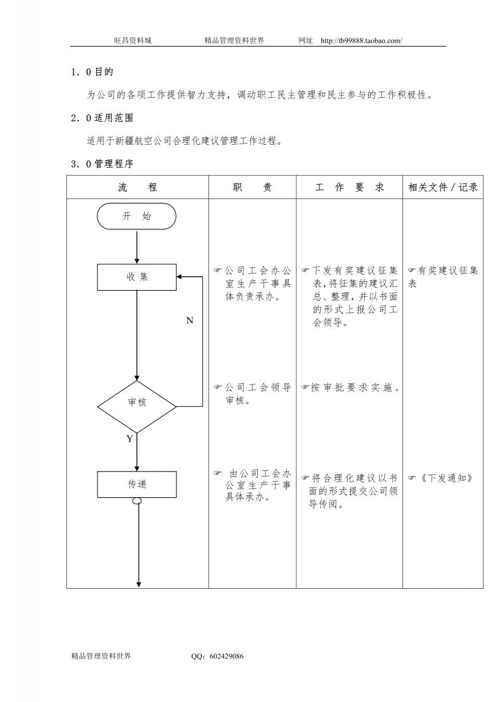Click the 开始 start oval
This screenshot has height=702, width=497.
point(136,216)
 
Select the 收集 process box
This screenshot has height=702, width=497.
point(137,277)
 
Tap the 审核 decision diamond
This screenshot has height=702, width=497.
point(137,406)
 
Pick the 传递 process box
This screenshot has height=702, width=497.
point(137,484)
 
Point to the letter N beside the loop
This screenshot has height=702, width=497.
point(190,320)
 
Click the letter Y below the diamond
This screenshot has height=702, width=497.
point(130,438)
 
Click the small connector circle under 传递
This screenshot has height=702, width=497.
point(137,501)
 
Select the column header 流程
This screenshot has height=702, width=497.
point(137,187)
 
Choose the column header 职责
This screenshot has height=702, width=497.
point(252,187)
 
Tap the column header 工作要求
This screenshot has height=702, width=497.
point(349,187)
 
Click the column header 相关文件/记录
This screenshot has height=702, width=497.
point(443,187)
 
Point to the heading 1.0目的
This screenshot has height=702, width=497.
point(92,72)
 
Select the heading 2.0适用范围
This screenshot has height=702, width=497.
point(102,118)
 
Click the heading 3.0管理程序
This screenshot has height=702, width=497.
point(102,164)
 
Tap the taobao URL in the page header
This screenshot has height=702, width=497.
point(361,41)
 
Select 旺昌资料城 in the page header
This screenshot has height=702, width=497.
point(133,41)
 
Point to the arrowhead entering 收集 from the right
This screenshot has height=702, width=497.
point(179,277)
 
